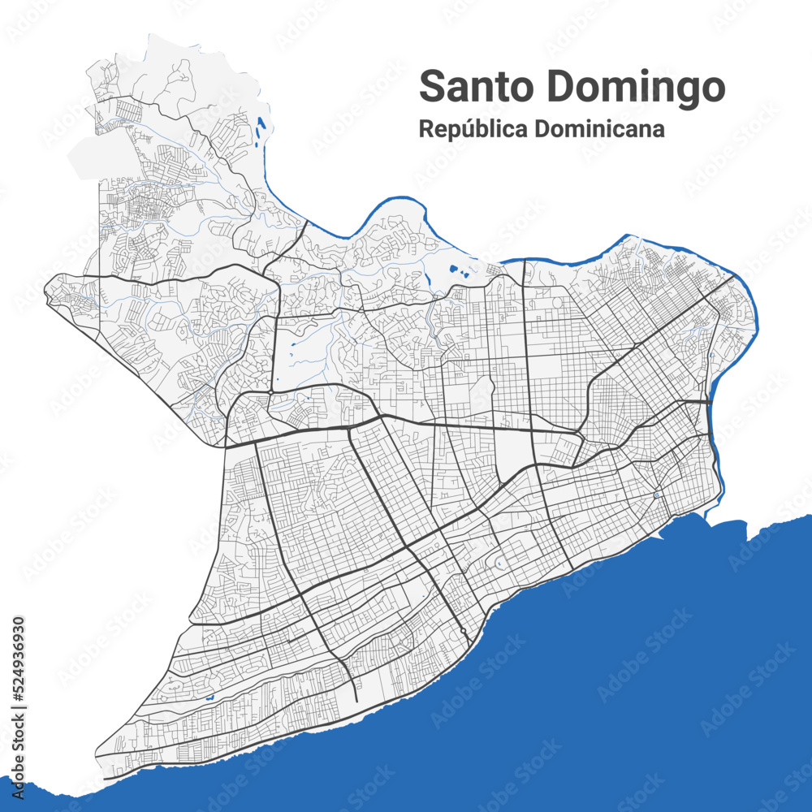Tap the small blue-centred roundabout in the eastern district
pyautogui.click(x=656, y=495)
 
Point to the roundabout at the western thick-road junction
pyautogui.click(x=270, y=391)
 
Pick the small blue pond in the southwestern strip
pyautogui.click(x=209, y=698)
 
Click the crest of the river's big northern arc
pyautogui.click(x=395, y=199)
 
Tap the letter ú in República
pyautogui.click(x=475, y=129)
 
